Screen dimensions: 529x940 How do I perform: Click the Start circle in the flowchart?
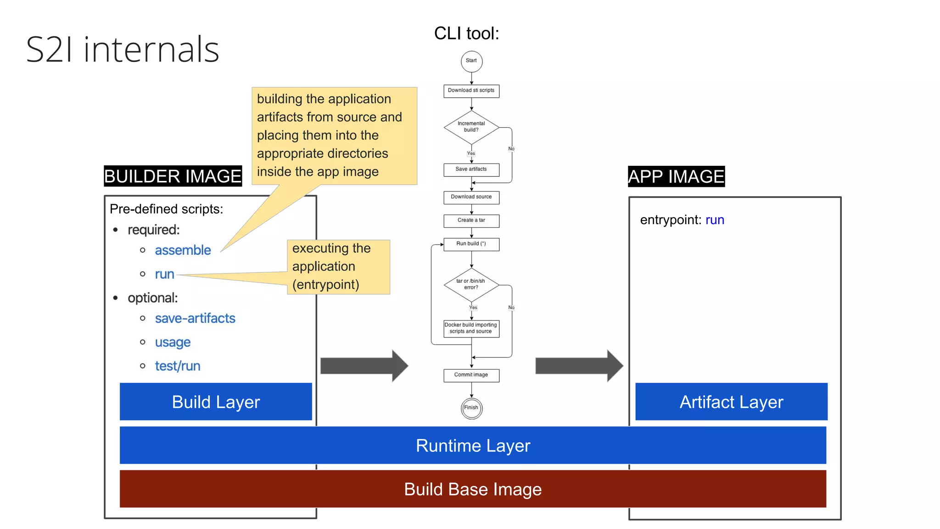[471, 61]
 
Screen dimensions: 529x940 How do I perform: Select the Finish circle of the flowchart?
[471, 408]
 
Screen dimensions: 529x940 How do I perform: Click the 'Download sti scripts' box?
[471, 90]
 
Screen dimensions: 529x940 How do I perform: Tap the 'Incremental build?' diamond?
[471, 127]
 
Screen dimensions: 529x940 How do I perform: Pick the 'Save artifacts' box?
[471, 169]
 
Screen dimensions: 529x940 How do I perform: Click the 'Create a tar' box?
[471, 220]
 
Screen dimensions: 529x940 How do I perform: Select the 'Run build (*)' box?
[471, 244]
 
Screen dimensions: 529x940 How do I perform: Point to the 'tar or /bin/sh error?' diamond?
[471, 285]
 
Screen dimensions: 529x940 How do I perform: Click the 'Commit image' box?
[471, 375]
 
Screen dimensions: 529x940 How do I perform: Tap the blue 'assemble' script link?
[183, 250]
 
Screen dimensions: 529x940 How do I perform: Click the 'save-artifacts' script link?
[195, 318]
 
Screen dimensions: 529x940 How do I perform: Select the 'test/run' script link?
[178, 366]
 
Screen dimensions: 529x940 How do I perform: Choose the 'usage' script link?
[173, 342]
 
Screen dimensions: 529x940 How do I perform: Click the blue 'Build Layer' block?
[216, 402]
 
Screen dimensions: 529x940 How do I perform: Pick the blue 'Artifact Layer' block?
[731, 402]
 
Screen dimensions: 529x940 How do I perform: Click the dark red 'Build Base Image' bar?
[473, 489]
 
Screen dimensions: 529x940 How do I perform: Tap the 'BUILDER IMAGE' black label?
[173, 176]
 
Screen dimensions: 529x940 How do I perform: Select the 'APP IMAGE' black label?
[676, 176]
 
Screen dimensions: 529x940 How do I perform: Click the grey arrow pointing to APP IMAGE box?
[578, 366]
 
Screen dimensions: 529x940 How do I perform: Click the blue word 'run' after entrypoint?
[715, 220]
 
